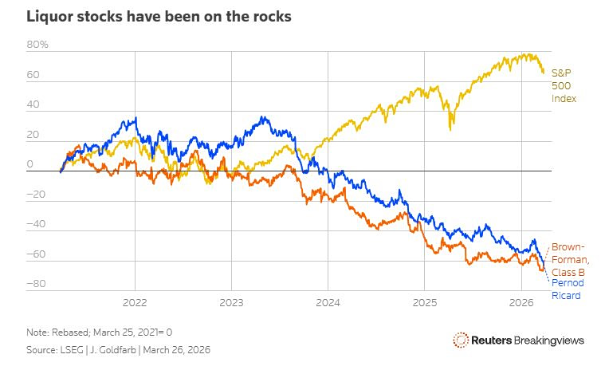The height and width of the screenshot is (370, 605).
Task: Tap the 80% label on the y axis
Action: click(37, 45)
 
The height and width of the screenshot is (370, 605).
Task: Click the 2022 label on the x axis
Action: click(135, 303)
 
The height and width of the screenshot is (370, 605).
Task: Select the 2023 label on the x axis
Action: click(231, 303)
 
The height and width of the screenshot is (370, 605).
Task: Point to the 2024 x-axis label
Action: click(328, 303)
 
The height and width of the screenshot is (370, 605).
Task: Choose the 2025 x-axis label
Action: click(424, 303)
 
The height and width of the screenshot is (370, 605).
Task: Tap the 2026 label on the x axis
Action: click(521, 303)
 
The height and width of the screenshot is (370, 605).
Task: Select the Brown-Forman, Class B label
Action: click(570, 260)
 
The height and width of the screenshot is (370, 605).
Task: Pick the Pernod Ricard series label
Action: click(564, 289)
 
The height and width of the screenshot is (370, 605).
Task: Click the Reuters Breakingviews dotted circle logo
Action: click(460, 340)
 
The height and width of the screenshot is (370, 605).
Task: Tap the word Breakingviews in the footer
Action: click(549, 340)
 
